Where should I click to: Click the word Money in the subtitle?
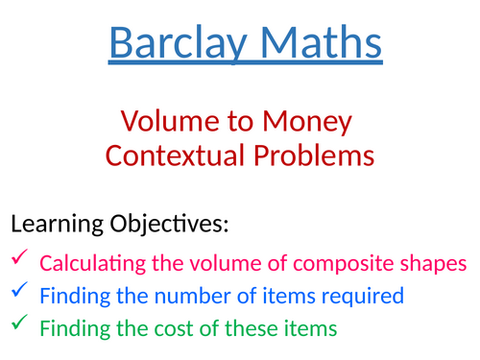click(306, 123)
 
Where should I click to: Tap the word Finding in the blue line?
click(71, 295)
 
